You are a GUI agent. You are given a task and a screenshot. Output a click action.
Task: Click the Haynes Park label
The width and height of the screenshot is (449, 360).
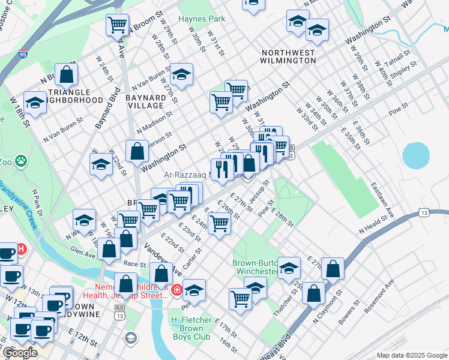pyautogui.click(x=202, y=19)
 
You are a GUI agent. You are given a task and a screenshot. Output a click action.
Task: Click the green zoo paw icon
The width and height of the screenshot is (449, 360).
pyautogui.click(x=22, y=160)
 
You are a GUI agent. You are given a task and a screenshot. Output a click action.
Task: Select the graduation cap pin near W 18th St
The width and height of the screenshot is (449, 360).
pyautogui.click(x=35, y=103)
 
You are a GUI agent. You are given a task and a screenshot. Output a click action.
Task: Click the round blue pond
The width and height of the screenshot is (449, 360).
pyautogui.click(x=415, y=155)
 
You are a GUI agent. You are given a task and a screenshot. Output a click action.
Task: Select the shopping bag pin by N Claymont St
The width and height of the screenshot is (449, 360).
pyautogui.click(x=313, y=293)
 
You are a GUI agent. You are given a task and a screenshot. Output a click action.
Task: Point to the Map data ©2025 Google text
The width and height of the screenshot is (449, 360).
pyautogui.click(x=412, y=355)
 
